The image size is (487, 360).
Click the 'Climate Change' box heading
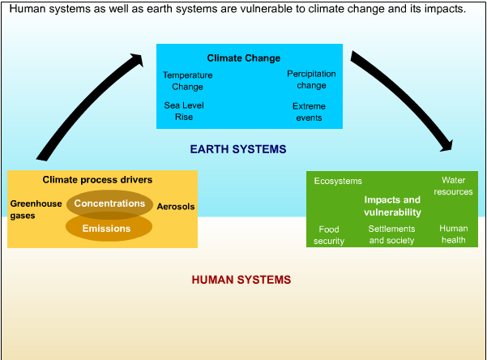tap(243, 58)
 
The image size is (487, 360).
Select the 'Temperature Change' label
tap(187, 81)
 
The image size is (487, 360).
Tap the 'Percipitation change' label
tap(311, 79)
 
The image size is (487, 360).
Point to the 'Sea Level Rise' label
tap(184, 111)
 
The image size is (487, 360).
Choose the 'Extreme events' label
tap(309, 112)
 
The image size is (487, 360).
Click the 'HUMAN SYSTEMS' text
tap(241, 281)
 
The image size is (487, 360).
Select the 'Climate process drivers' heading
tap(97, 179)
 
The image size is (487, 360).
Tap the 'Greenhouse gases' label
tap(36, 210)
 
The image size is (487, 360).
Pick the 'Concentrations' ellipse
tap(109, 204)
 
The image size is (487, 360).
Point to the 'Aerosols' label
tap(176, 207)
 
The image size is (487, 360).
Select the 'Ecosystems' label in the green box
tap(338, 182)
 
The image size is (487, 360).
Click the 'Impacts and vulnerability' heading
tap(392, 206)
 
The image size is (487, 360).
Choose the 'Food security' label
tap(329, 235)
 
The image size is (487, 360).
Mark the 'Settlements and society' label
tap(391, 234)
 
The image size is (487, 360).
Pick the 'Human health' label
tap(454, 234)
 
